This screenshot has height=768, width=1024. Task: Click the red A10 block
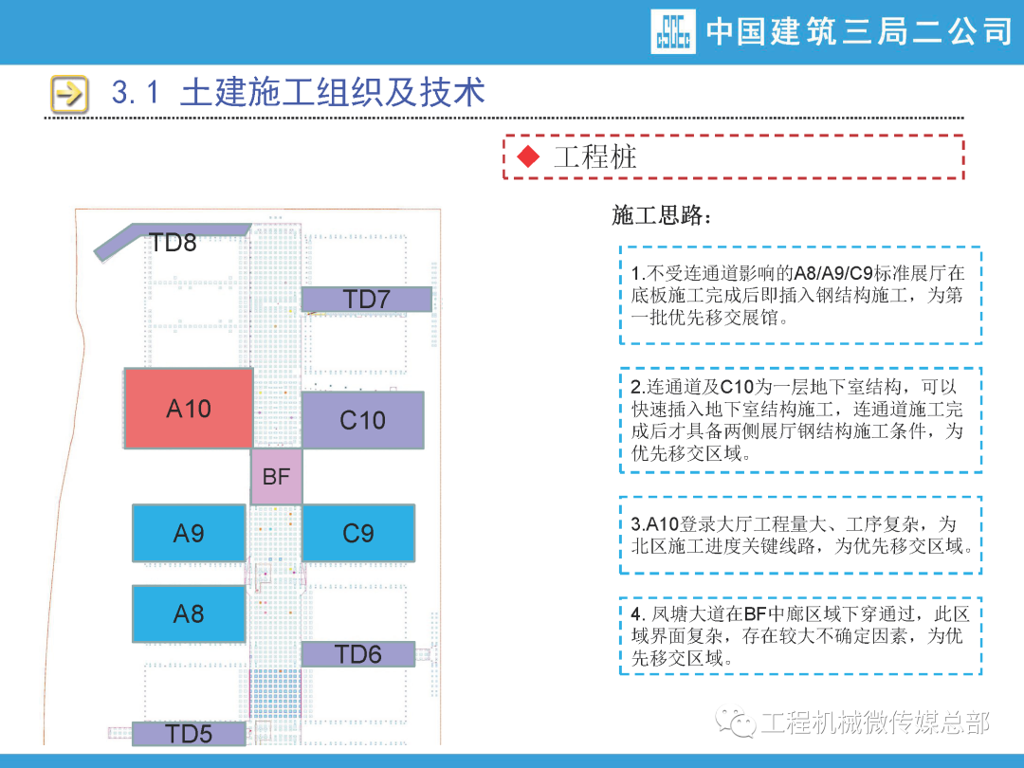[189, 408]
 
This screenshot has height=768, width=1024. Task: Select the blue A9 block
[189, 533]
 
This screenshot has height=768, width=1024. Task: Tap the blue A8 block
[189, 613]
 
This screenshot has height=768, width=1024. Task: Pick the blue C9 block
[358, 533]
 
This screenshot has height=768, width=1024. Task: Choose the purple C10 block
[362, 420]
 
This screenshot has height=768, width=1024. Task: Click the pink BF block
[276, 477]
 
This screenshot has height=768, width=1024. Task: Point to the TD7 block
[367, 300]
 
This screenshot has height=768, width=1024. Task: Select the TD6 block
[358, 654]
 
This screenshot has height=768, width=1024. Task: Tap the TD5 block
[189, 734]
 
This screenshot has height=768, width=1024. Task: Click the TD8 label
[173, 243]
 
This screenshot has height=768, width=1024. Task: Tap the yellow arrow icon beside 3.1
[69, 94]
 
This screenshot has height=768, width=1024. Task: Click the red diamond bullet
[528, 156]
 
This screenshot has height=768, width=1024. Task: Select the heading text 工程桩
[594, 156]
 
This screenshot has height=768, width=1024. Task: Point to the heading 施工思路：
[662, 215]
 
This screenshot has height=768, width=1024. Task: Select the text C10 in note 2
[740, 388]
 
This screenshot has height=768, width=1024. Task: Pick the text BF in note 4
[768, 614]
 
